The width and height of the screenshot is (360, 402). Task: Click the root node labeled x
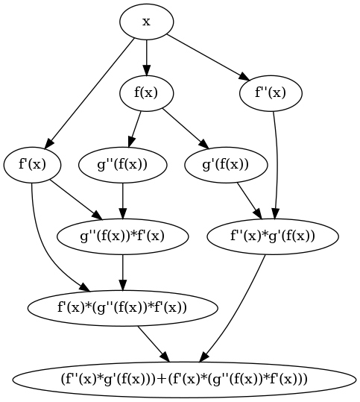pyautogui.click(x=146, y=22)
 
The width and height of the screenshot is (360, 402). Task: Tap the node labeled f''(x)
pyautogui.click(x=271, y=93)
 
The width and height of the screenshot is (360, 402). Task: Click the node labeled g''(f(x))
pyautogui.click(x=122, y=164)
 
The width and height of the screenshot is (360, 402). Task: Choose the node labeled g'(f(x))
pyautogui.click(x=225, y=164)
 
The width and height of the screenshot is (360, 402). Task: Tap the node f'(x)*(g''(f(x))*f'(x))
pyautogui.click(x=122, y=307)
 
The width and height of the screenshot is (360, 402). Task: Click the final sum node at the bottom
pyautogui.click(x=183, y=378)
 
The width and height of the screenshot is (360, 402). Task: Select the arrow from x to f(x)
pyautogui.click(x=146, y=57)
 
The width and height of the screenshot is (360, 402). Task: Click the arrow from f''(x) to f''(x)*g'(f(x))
pyautogui.click(x=277, y=164)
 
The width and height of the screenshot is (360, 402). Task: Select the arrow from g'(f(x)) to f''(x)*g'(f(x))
pyautogui.click(x=248, y=199)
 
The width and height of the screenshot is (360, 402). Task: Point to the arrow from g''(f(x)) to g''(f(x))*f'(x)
pyautogui.click(x=122, y=200)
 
